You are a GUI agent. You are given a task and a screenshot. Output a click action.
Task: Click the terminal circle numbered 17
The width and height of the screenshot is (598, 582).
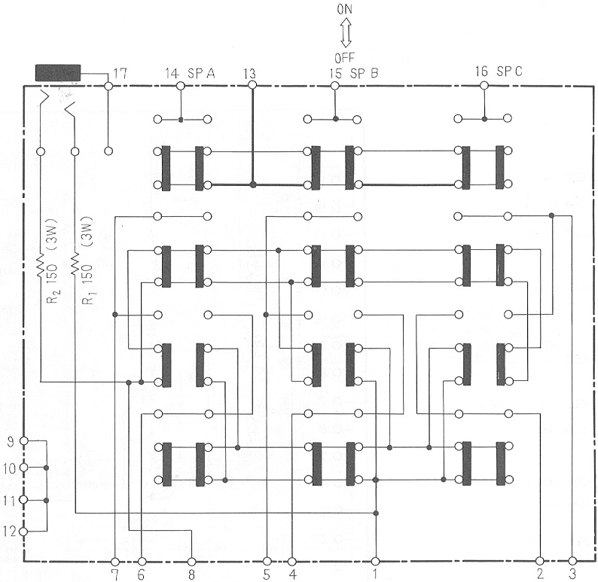(x=108, y=86)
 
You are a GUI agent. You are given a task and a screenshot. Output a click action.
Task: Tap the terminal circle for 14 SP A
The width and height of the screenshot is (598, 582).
(x=181, y=86)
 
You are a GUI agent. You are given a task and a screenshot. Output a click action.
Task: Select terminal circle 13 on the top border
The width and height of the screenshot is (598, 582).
(x=252, y=85)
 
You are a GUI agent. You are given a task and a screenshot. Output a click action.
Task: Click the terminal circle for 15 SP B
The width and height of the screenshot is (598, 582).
(x=334, y=86)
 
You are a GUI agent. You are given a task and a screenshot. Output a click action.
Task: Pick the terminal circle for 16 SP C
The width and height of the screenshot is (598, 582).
(x=484, y=85)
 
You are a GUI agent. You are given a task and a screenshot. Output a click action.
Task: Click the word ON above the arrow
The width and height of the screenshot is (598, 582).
(x=344, y=9)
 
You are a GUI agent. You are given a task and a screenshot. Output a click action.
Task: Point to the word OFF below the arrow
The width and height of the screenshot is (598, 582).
(x=345, y=58)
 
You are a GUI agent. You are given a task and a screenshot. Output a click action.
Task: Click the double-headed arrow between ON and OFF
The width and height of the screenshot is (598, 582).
(x=346, y=34)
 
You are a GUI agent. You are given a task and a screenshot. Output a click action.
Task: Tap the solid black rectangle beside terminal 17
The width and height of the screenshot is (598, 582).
(x=58, y=73)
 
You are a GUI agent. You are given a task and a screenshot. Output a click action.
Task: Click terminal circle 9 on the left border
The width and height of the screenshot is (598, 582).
(x=23, y=441)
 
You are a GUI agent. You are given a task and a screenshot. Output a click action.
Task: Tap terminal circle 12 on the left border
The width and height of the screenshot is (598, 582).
(x=23, y=532)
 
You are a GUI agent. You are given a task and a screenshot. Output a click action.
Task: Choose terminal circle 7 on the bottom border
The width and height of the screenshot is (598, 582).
(x=114, y=562)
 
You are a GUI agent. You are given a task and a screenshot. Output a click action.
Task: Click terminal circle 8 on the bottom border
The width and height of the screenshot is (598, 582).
(x=192, y=562)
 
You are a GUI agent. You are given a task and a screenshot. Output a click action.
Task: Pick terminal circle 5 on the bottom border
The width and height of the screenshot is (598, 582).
(x=267, y=561)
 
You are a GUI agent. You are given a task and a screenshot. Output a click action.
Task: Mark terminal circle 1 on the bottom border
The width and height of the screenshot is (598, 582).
(x=375, y=561)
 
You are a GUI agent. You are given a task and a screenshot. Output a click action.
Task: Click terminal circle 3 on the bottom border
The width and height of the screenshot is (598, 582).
(x=572, y=561)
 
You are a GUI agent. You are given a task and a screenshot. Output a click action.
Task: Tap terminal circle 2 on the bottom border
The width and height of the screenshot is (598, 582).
(x=540, y=561)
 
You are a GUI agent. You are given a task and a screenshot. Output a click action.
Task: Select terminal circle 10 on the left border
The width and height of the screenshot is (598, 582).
(x=23, y=468)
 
